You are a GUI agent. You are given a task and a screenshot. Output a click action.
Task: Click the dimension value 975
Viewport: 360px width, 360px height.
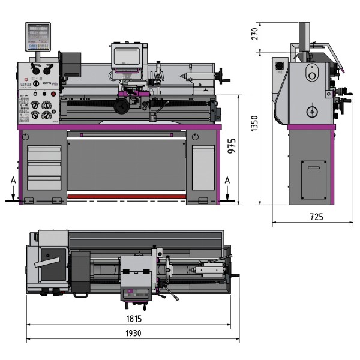pos(233,147)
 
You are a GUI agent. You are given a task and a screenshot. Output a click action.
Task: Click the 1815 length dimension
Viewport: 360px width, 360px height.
pos(134,319)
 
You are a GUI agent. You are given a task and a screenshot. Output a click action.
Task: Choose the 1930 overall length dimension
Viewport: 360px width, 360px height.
pos(134,333)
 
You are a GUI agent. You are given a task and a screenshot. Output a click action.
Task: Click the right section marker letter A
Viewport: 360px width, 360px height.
pos(226,179)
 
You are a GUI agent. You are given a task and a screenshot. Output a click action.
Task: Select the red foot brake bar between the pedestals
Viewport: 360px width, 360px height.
pos(127,196)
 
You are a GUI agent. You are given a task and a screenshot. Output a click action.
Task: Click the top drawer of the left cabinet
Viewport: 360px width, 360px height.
pos(44,152)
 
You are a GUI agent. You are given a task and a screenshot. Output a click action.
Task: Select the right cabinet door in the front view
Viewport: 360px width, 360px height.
pos(202,165)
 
